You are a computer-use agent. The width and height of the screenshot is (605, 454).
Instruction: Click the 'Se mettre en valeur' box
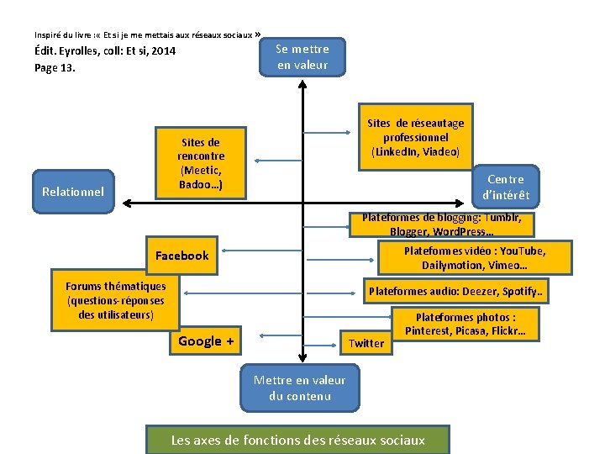pyautogui.click(x=302, y=56)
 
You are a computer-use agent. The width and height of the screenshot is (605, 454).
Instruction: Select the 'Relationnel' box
pyautogui.click(x=73, y=192)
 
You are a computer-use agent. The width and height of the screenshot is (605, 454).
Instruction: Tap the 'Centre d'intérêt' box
pyautogui.click(x=504, y=187)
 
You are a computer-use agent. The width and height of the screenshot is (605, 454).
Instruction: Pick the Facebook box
pyautogui.click(x=182, y=256)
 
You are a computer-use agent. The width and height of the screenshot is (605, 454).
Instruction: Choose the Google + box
pyautogui.click(x=206, y=341)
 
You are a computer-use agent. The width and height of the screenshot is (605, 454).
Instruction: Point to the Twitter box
pyautogui.click(x=366, y=342)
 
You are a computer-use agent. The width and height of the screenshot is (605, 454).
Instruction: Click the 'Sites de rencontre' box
pyautogui.click(x=201, y=163)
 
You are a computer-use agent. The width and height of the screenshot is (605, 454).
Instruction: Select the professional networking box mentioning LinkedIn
pyautogui.click(x=415, y=137)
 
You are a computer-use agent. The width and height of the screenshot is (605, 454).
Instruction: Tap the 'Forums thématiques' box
pyautogui.click(x=116, y=300)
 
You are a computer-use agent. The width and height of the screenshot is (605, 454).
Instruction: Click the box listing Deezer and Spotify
pyautogui.click(x=455, y=292)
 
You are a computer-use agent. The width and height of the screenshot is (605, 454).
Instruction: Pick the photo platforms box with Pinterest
pyautogui.click(x=465, y=324)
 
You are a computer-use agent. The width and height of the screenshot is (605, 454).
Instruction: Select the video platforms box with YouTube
pyautogui.click(x=474, y=258)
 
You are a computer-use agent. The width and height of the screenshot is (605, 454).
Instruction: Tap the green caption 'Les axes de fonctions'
pyautogui.click(x=298, y=440)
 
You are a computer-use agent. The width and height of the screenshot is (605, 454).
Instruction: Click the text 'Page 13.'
pyautogui.click(x=55, y=68)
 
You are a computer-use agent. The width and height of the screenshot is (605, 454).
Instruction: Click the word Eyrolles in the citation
pyautogui.click(x=87, y=52)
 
